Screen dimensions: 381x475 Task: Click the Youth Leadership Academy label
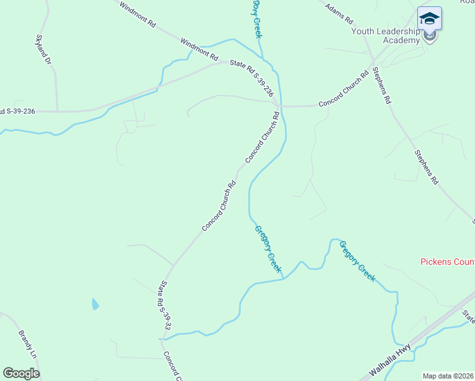(x=385, y=35)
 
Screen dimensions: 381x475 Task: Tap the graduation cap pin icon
(x=430, y=19)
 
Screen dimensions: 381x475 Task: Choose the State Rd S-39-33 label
(x=166, y=305)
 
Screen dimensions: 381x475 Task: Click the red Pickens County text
(x=447, y=262)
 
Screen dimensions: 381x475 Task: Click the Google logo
(x=21, y=373)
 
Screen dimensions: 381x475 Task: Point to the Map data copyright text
(x=448, y=376)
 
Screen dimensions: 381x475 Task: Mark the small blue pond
(x=95, y=304)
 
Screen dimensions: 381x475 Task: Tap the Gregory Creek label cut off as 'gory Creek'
(x=256, y=19)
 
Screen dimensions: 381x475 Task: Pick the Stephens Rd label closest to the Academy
(x=382, y=86)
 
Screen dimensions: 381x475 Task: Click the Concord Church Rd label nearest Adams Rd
(x=344, y=89)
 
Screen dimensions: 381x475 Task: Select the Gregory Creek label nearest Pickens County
(x=358, y=260)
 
